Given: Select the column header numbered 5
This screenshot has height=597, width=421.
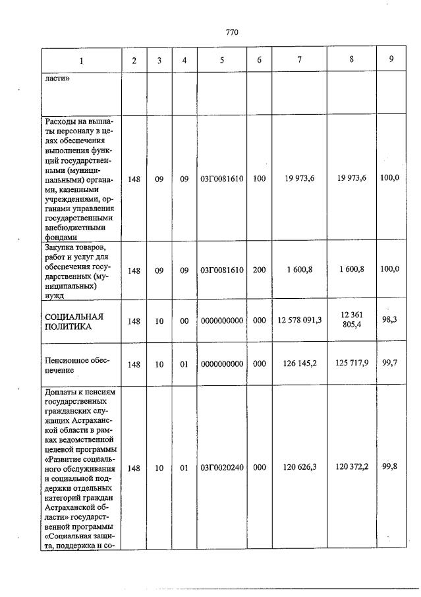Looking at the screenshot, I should click(221, 60).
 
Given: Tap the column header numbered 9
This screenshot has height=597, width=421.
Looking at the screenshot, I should click(391, 59).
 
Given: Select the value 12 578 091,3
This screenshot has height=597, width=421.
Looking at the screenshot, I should click(300, 321).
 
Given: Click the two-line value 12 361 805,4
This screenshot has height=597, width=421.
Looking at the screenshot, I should click(352, 321).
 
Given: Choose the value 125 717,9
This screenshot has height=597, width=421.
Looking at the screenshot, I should click(352, 363).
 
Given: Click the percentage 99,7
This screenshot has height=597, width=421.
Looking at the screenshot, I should click(391, 363).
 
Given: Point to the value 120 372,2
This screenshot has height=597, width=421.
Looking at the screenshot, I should click(352, 467).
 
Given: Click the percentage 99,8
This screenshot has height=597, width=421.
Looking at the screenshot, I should click(391, 466).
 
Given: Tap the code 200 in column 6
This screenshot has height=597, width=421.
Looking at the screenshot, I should click(259, 270).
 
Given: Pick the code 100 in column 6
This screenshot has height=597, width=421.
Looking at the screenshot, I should click(259, 179).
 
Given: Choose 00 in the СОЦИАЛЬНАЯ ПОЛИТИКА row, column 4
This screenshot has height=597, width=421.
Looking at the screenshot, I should click(184, 321).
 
